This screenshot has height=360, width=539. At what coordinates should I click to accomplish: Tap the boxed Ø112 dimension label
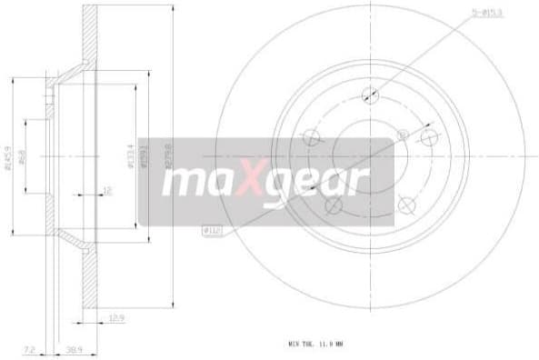coord(211,232)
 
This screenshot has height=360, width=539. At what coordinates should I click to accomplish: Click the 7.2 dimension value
coord(30,349)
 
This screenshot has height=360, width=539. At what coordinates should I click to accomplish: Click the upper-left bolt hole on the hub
coord(311,138)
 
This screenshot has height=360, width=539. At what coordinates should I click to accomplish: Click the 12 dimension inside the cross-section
coord(105,191)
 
